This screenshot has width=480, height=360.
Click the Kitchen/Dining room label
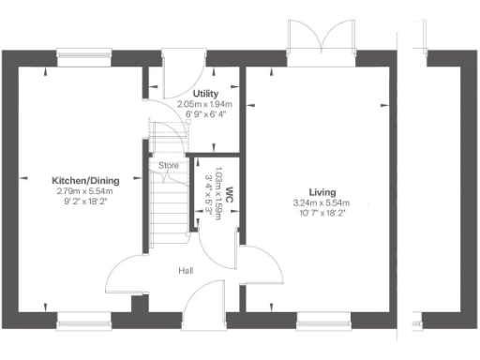(83, 181)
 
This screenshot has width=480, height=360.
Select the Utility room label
(206, 95)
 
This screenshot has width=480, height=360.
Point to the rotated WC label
(227, 203)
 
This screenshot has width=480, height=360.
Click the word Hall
(186, 271)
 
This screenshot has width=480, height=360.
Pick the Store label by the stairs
(168, 166)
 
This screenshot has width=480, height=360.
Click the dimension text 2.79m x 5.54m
(83, 191)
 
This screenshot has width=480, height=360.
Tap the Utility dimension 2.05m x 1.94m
(206, 105)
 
